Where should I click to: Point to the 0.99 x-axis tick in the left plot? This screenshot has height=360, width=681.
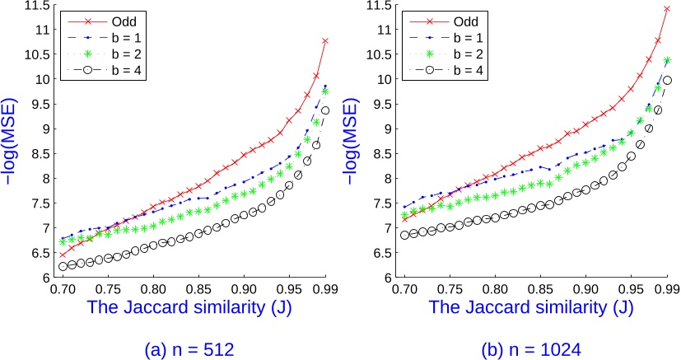326,291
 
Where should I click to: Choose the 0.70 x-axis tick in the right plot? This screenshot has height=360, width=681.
404,291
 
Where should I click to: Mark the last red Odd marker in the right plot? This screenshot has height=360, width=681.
667,9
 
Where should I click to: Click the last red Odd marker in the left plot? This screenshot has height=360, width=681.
325,40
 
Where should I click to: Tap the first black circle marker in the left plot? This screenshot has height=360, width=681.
63,266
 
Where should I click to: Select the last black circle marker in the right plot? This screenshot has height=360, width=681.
667,80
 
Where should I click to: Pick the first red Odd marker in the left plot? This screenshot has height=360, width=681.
63,255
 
